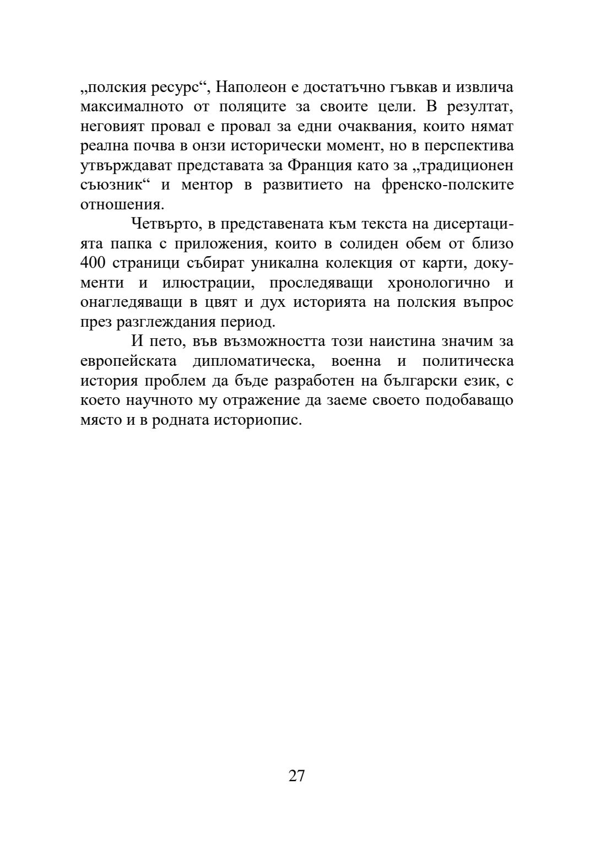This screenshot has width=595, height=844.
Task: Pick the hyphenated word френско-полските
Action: click(448, 185)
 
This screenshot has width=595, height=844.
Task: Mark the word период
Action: click(248, 322)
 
